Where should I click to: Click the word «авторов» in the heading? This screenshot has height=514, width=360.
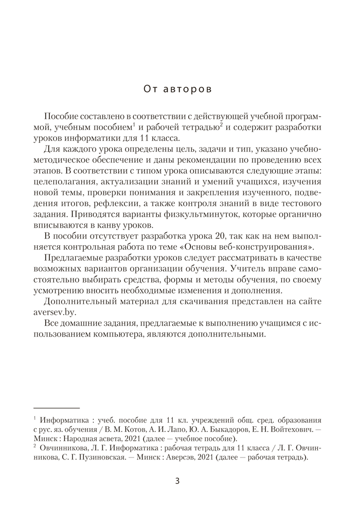190,88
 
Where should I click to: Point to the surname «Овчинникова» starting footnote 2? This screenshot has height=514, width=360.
63,448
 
